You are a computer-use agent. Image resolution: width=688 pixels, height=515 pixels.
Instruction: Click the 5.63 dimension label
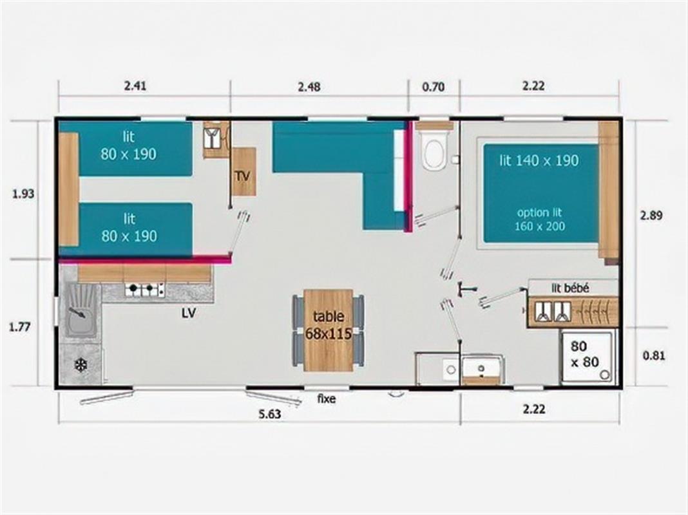(271, 415)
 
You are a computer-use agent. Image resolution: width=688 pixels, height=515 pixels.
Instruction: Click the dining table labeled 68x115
(329, 330)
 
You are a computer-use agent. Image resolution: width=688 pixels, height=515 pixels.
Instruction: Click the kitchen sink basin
(79, 310)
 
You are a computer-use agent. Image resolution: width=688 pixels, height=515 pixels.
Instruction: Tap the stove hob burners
(143, 290)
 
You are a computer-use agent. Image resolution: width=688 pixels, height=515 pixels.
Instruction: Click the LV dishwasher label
(189, 314)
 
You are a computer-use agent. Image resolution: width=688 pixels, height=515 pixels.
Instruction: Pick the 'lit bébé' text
(570, 288)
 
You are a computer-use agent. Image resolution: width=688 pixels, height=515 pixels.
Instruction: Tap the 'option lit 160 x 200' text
(540, 219)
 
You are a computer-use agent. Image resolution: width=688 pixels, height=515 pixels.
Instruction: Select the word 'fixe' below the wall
(327, 399)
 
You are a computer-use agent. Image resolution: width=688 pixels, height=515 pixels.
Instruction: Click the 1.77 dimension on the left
(21, 326)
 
